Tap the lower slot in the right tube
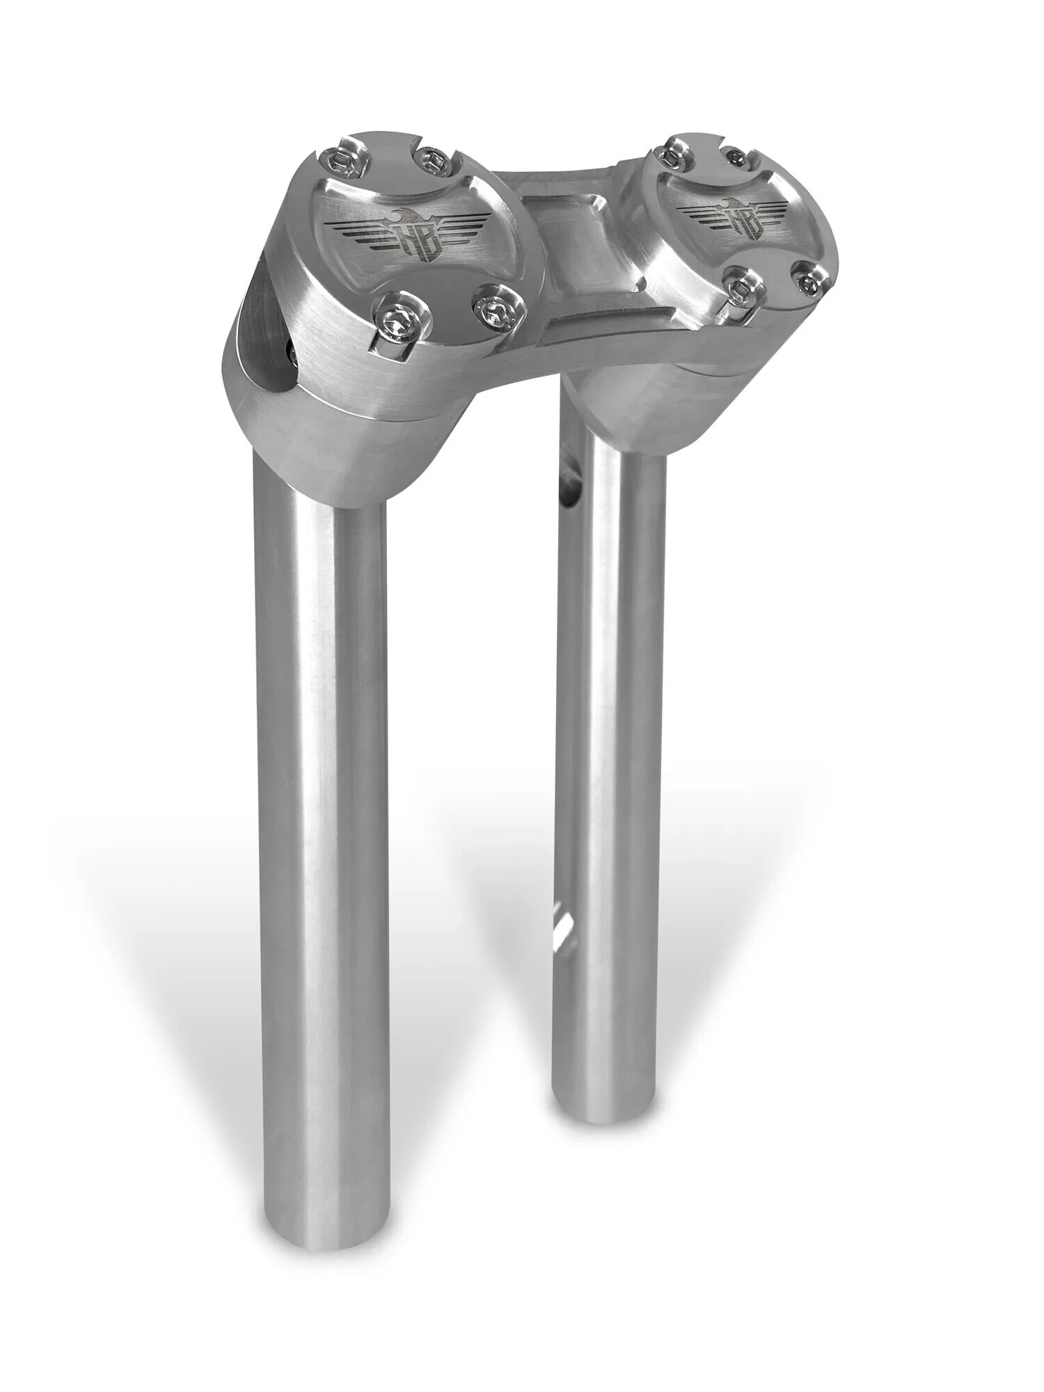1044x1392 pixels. tap(564, 923)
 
